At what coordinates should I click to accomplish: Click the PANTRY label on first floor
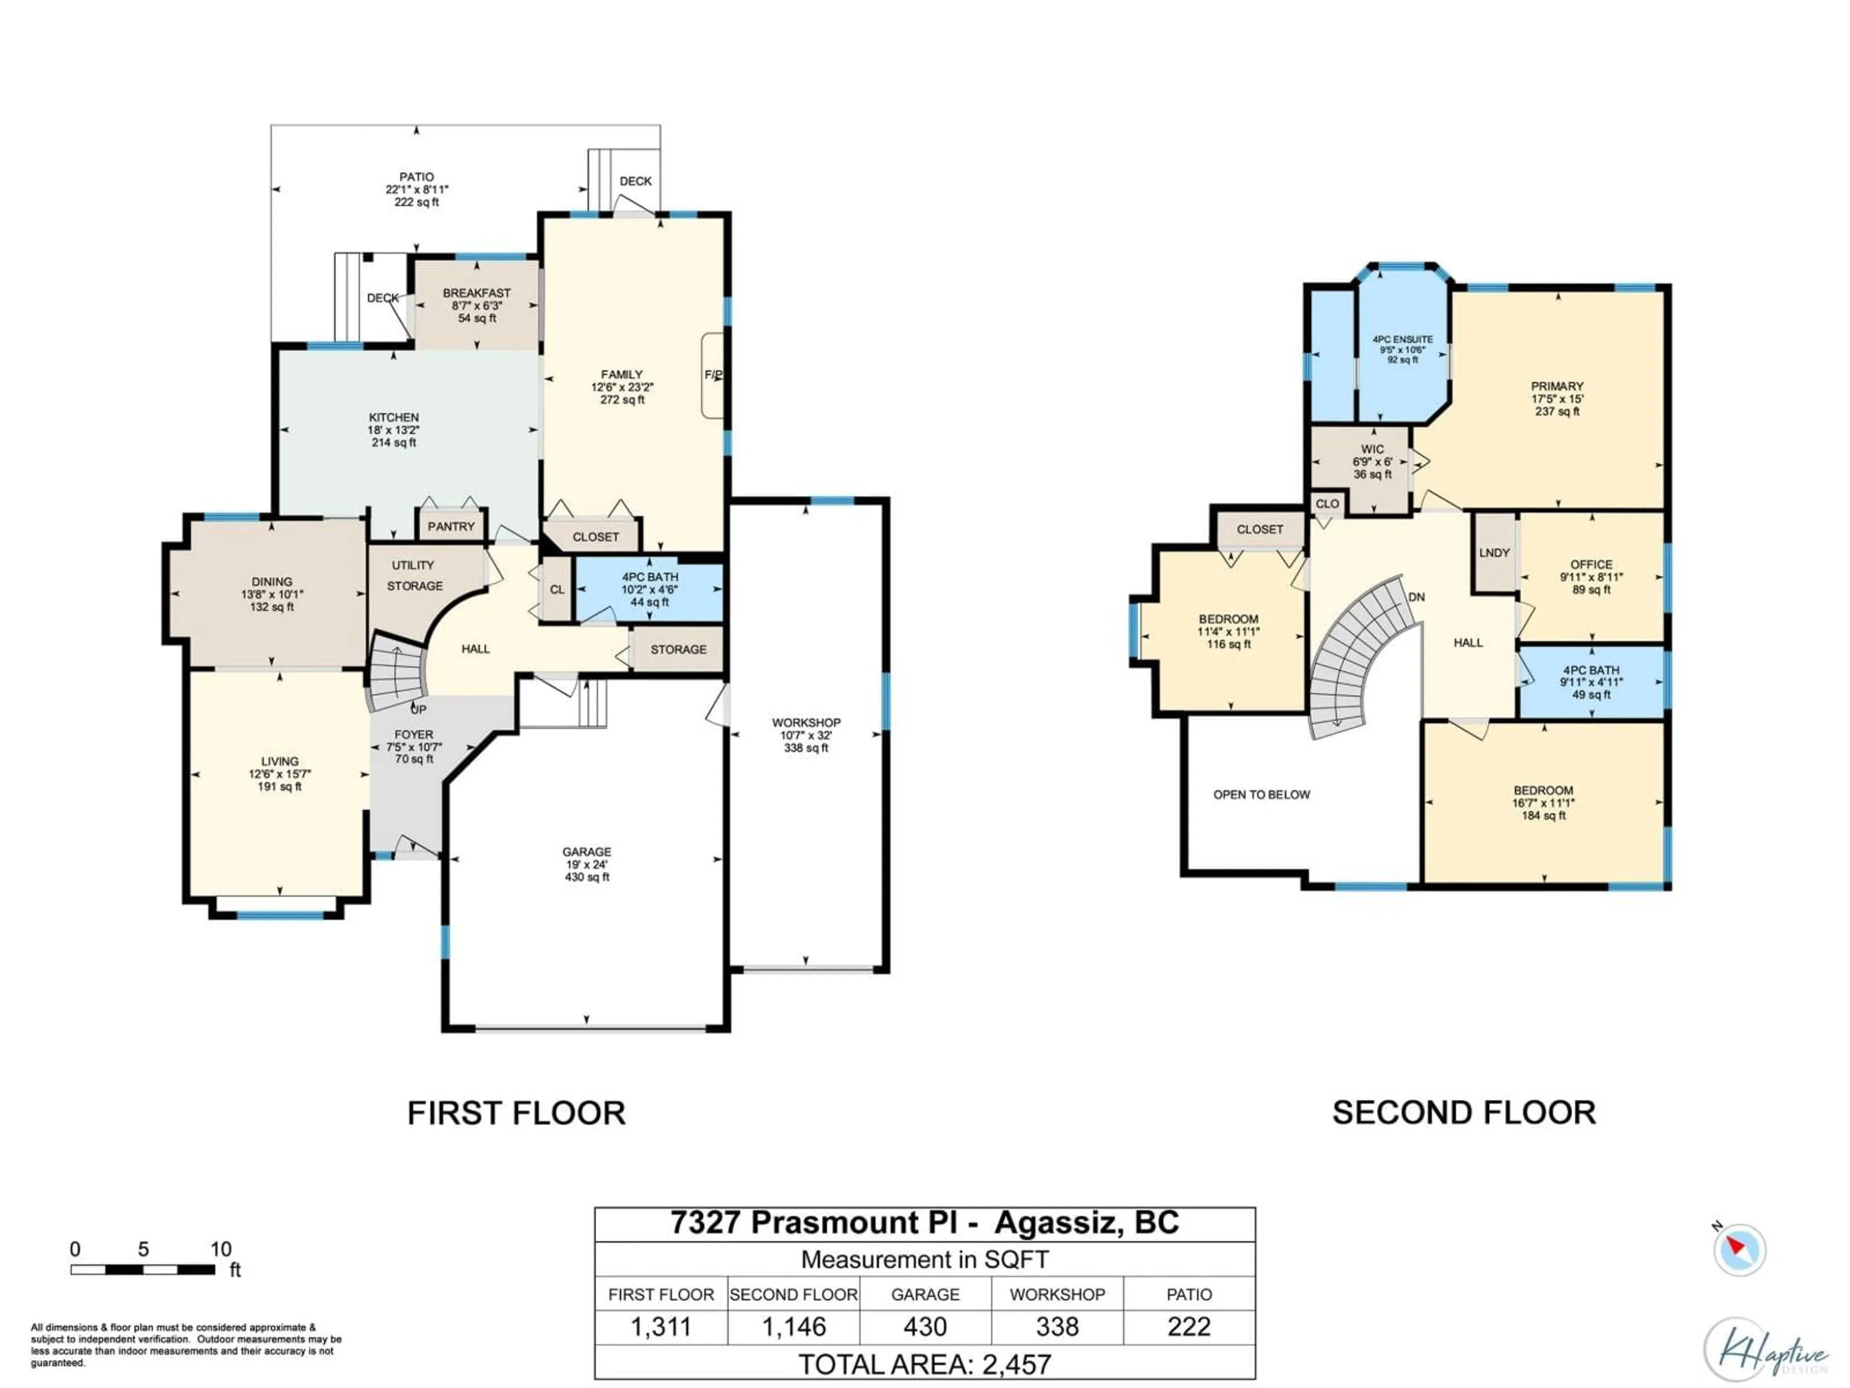point(451,526)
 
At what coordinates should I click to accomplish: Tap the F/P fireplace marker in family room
point(713,375)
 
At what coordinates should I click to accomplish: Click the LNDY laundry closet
point(1493,553)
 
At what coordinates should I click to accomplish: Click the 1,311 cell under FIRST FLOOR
point(661,1327)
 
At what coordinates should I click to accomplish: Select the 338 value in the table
point(1057,1327)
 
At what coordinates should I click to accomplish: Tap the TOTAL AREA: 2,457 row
point(924,1364)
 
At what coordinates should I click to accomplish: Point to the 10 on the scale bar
point(221,1249)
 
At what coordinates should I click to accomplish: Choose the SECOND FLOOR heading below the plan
point(1464,1113)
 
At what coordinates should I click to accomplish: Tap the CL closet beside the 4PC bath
point(557,590)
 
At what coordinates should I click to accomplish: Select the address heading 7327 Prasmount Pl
point(924,1223)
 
